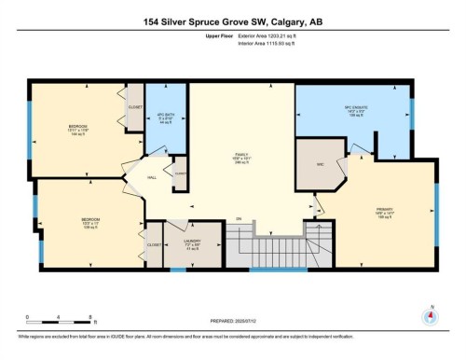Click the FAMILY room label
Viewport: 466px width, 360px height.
244,158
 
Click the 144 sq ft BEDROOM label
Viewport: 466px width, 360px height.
77,129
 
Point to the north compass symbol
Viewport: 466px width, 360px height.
430,315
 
